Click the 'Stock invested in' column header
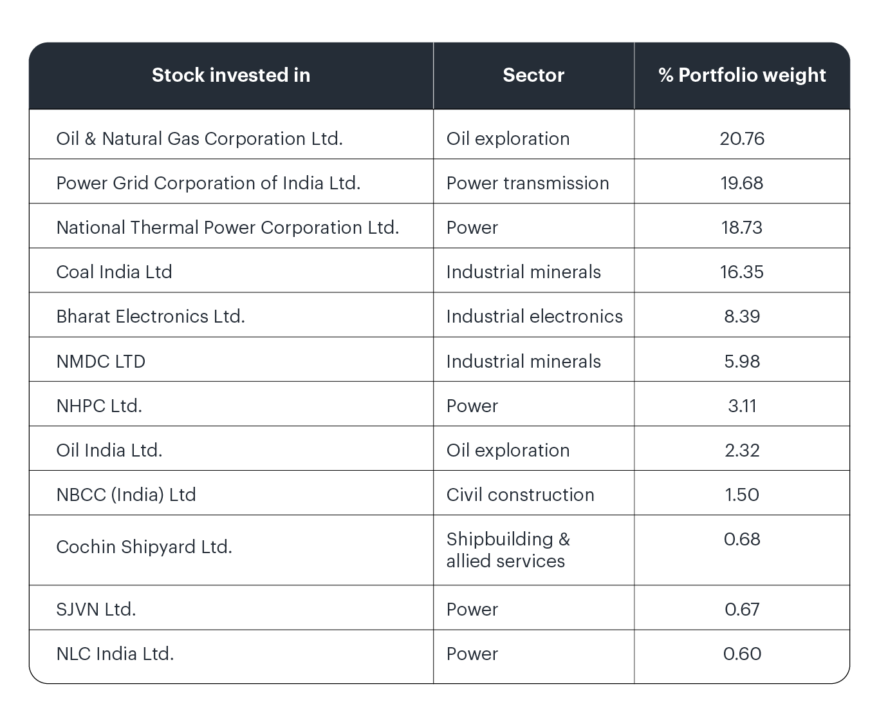[x=230, y=75]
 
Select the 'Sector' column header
[x=533, y=75]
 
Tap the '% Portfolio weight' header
[x=741, y=75]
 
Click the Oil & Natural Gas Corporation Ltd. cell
[x=199, y=138]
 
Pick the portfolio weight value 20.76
[x=741, y=138]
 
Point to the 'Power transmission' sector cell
[x=527, y=183]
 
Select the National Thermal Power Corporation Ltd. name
[x=227, y=227]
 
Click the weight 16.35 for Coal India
[x=741, y=272]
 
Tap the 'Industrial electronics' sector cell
[x=533, y=316]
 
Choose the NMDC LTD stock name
[x=100, y=361]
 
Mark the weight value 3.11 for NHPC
[x=741, y=406]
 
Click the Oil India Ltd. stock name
[x=109, y=450]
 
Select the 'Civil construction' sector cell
[x=520, y=495]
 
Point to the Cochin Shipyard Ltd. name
[x=143, y=547]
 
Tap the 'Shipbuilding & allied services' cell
[x=508, y=550]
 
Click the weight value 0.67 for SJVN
[x=741, y=609]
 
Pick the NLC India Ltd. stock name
[x=115, y=654]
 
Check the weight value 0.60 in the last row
[x=741, y=654]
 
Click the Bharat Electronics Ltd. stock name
[x=150, y=316]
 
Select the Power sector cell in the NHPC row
[x=472, y=406]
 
